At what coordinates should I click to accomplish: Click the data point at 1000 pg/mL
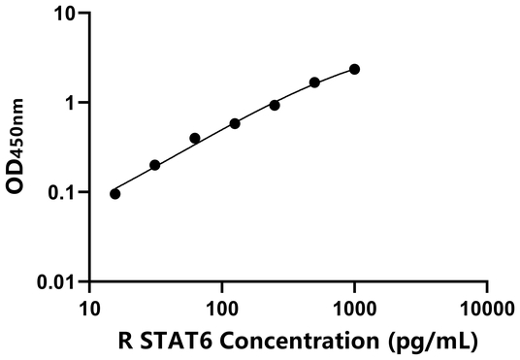point(355,69)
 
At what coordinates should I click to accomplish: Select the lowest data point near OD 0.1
point(115,194)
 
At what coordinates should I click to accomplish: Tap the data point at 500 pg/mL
point(315,82)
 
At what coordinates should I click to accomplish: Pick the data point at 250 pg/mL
point(275,105)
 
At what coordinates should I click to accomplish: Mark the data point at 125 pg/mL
point(235,123)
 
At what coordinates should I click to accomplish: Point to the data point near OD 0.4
point(195,139)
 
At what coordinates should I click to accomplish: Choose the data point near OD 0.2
point(155,165)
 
